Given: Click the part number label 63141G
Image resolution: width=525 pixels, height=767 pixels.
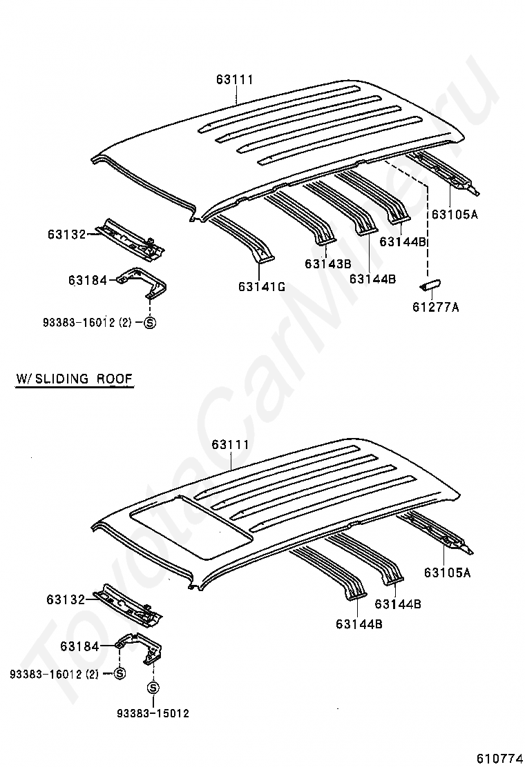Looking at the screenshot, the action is point(262,287).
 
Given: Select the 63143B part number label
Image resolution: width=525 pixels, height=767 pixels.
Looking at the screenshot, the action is point(327,264).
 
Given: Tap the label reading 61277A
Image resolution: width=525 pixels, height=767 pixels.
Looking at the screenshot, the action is point(436,307).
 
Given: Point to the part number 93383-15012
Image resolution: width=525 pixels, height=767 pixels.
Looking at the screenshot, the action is point(153,714).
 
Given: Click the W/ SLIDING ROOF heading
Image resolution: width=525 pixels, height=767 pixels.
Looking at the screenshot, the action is point(75,379).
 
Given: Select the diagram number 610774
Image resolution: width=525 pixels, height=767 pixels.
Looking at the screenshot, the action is point(497,758).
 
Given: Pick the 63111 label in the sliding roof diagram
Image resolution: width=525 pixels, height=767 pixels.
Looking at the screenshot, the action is point(231,444).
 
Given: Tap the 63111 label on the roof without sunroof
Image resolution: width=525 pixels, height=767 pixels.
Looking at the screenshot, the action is point(236,79).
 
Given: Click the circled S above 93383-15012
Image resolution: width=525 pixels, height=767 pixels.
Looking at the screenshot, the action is point(153,688).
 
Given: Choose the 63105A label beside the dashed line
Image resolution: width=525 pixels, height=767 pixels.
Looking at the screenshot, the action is point(455,214).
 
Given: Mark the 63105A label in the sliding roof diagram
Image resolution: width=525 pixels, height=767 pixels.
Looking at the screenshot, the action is point(448,572).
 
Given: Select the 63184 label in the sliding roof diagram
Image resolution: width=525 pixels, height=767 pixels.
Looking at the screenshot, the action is point(79,646).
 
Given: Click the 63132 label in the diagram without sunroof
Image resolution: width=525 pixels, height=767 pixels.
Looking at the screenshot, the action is point(66,235).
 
